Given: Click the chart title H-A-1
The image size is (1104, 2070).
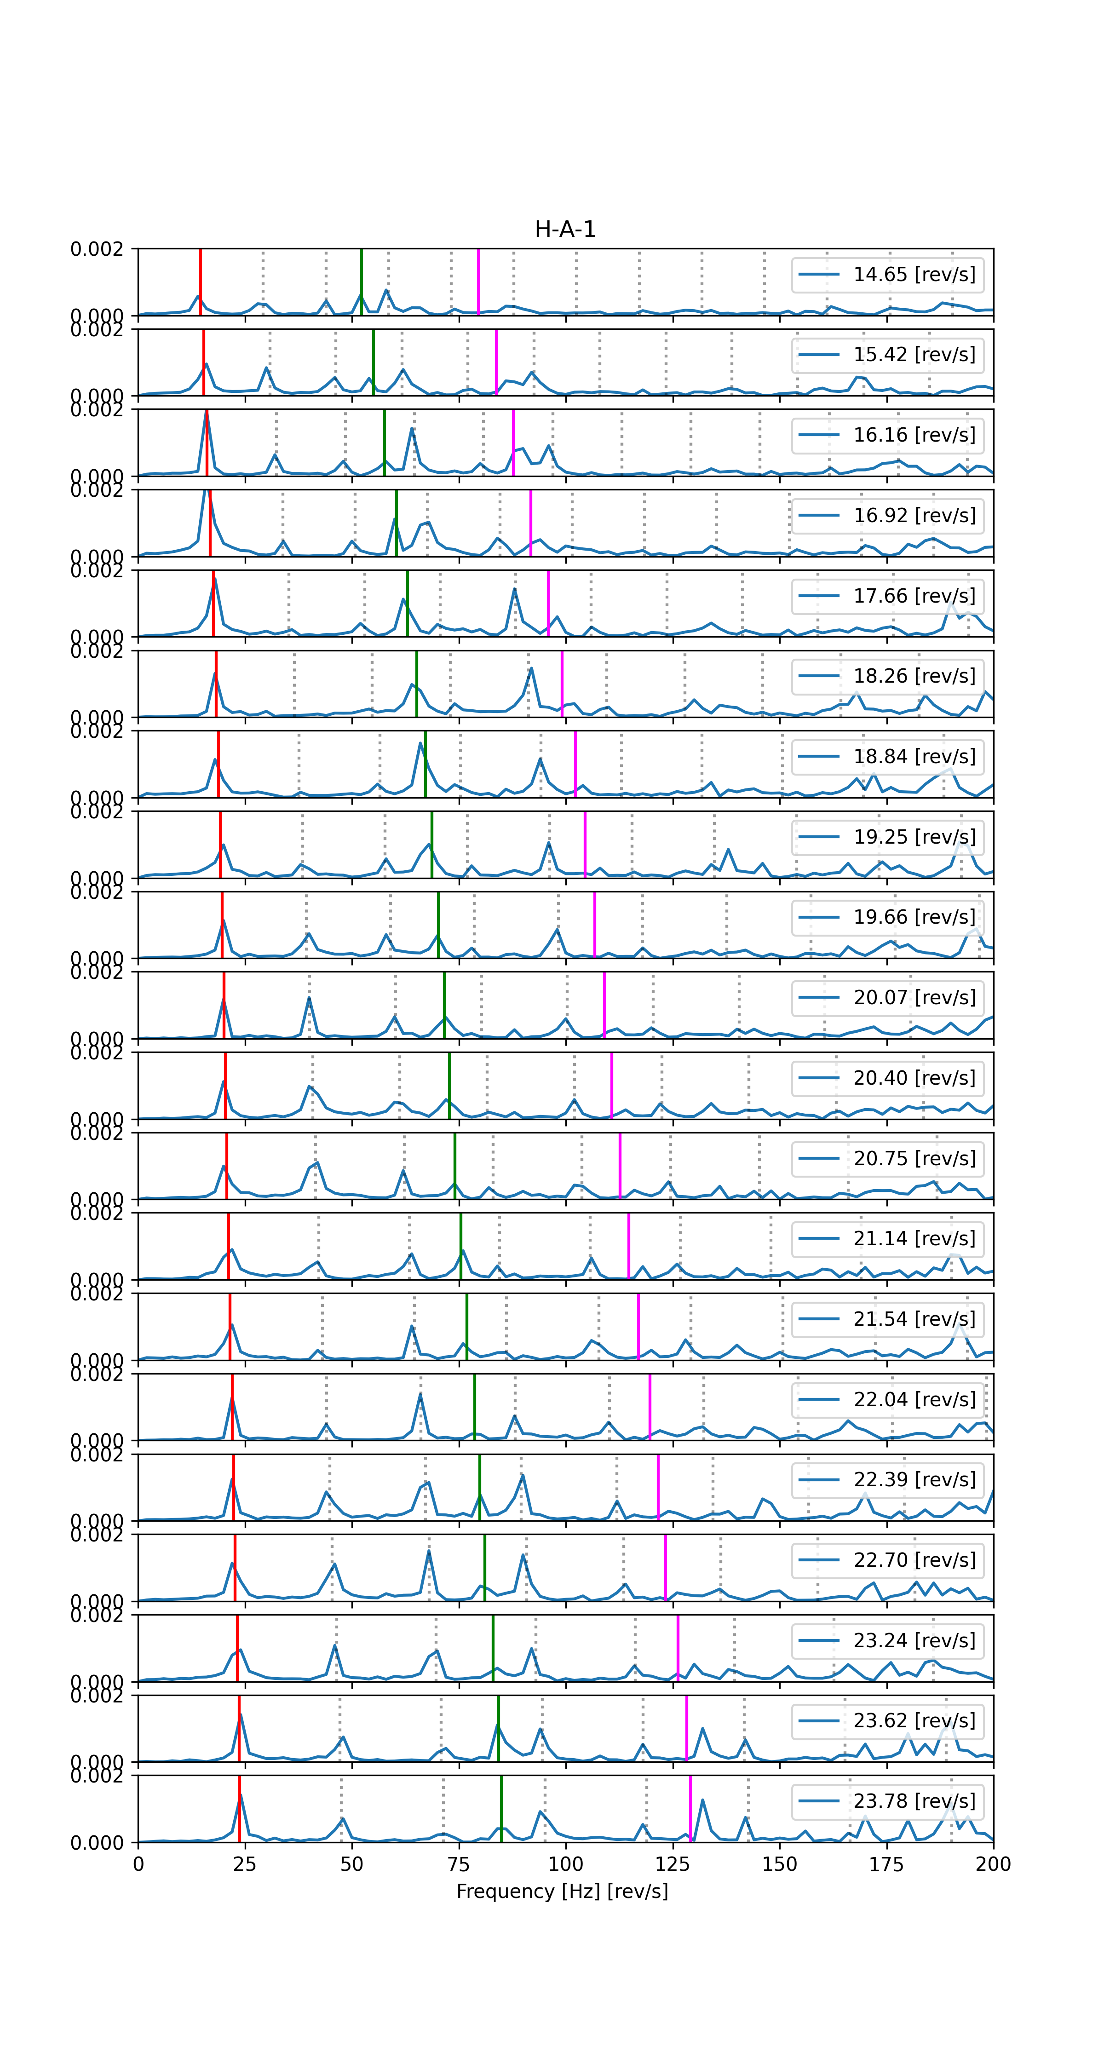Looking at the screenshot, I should coord(565,230).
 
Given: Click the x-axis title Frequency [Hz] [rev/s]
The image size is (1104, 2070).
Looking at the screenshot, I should coord(562,1891).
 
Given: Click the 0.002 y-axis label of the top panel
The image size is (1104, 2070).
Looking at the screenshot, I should coord(97,249).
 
